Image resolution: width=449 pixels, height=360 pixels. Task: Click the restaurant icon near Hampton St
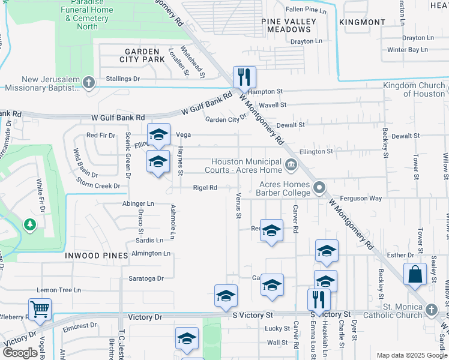click(244, 77)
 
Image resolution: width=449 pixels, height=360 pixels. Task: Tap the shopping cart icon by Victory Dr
click(40, 310)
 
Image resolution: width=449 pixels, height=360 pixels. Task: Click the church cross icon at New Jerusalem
click(89, 82)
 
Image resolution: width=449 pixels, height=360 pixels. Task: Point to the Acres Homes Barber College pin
click(319, 188)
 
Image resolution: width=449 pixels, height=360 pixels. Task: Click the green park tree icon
click(29, 224)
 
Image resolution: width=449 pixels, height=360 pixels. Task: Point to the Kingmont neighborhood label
click(362, 22)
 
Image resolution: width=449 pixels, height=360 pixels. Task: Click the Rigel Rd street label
click(205, 188)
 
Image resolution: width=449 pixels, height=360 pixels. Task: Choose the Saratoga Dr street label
click(146, 278)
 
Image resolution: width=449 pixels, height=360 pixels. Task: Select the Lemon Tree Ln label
click(59, 290)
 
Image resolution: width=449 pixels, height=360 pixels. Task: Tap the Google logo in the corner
click(20, 353)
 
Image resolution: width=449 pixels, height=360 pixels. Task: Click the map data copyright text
click(411, 355)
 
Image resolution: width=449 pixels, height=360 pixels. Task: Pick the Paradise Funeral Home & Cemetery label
click(88, 14)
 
